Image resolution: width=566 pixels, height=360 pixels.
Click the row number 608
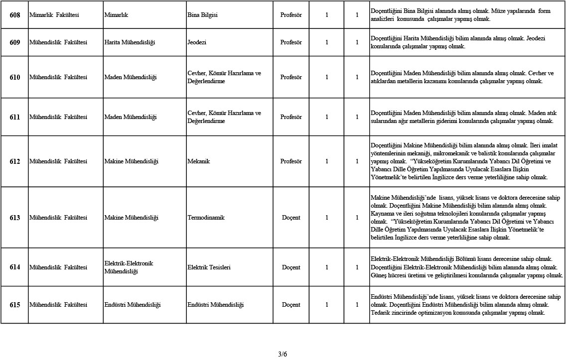[x=15, y=15]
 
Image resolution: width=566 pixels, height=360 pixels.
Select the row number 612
[x=15, y=161]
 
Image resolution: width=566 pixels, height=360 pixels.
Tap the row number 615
[x=15, y=305]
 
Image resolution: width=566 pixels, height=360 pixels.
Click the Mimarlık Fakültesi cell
[x=54, y=15]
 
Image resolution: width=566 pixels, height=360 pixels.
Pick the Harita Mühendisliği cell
[x=130, y=42]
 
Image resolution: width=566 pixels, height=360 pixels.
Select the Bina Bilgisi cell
[x=202, y=15]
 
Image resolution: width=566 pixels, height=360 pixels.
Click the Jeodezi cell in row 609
[x=197, y=42]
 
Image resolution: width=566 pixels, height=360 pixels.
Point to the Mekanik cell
[x=198, y=161]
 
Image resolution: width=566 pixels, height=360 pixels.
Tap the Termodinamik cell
[x=206, y=218]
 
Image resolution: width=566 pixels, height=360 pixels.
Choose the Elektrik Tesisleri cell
[x=209, y=267]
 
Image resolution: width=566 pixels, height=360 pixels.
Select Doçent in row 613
[x=291, y=218]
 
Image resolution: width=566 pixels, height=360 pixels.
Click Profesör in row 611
[x=291, y=117]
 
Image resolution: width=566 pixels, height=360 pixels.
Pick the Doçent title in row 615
[x=291, y=305]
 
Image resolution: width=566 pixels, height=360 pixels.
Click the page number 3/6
[x=283, y=354]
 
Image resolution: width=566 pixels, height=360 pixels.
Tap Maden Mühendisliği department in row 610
[x=131, y=77]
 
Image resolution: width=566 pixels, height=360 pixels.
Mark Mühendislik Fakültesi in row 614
[x=58, y=267]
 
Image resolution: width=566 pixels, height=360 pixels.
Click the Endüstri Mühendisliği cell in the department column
[x=133, y=305]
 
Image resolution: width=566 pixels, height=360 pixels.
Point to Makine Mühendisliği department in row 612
[x=131, y=161]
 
